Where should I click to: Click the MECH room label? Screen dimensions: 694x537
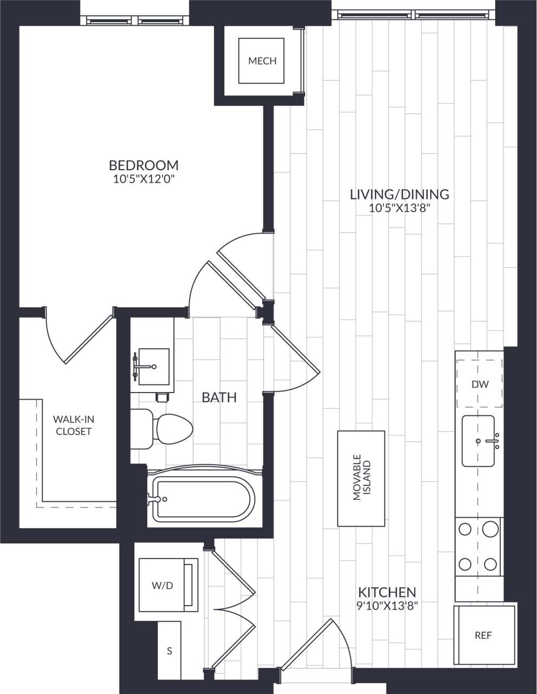(x=262, y=61)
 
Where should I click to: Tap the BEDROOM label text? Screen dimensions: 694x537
(x=144, y=165)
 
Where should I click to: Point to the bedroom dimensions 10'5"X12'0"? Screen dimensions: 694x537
(x=144, y=179)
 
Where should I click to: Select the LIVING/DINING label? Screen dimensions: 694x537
(x=399, y=194)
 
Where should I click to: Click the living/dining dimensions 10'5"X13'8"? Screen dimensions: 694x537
(x=399, y=208)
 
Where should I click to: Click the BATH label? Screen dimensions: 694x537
(x=219, y=397)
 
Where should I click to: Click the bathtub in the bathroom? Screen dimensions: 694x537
(x=203, y=499)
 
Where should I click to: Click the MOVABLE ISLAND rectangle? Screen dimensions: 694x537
(x=361, y=478)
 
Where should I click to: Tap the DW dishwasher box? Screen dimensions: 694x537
(x=480, y=384)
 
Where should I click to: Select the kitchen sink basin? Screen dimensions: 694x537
(x=478, y=441)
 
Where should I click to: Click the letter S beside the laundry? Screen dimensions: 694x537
(x=170, y=651)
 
